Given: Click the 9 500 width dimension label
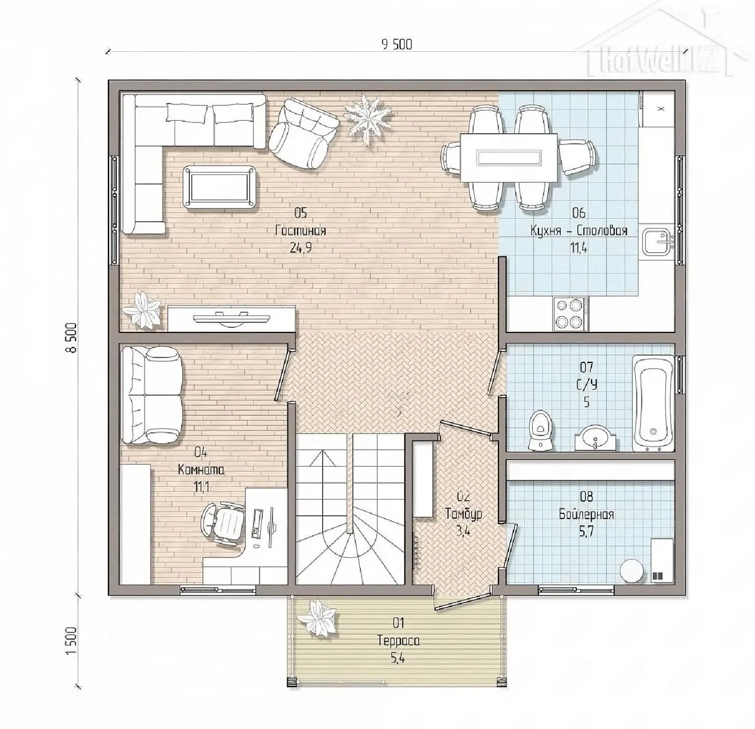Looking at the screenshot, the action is pyautogui.click(x=397, y=45).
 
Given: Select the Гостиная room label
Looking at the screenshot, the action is pyautogui.click(x=301, y=230).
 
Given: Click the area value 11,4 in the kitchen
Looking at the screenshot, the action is pyautogui.click(x=579, y=248).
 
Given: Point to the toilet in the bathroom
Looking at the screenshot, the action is pyautogui.click(x=540, y=431).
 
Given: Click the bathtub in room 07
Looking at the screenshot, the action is pyautogui.click(x=653, y=403).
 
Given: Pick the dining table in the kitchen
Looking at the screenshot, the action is pyautogui.click(x=508, y=158).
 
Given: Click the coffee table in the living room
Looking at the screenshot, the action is pyautogui.click(x=219, y=187).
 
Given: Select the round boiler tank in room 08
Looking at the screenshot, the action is pyautogui.click(x=632, y=570).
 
